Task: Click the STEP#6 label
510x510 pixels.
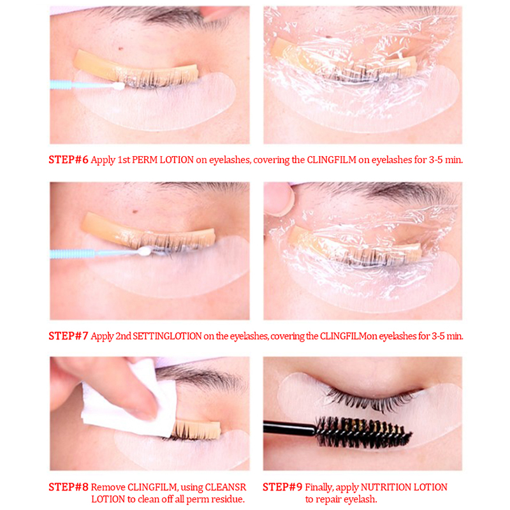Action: click(x=68, y=160)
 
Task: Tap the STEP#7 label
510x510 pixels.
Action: click(x=68, y=336)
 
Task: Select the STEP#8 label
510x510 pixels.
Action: click(x=68, y=487)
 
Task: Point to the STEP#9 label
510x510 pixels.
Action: click(x=282, y=487)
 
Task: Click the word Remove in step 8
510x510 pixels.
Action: click(x=108, y=487)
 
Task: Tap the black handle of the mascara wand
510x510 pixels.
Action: click(x=289, y=427)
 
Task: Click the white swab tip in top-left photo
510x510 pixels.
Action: click(x=119, y=86)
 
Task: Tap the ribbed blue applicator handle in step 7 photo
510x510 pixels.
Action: click(x=72, y=254)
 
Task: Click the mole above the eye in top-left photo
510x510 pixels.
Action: click(x=121, y=49)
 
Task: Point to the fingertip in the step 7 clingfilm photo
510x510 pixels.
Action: click(x=279, y=199)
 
